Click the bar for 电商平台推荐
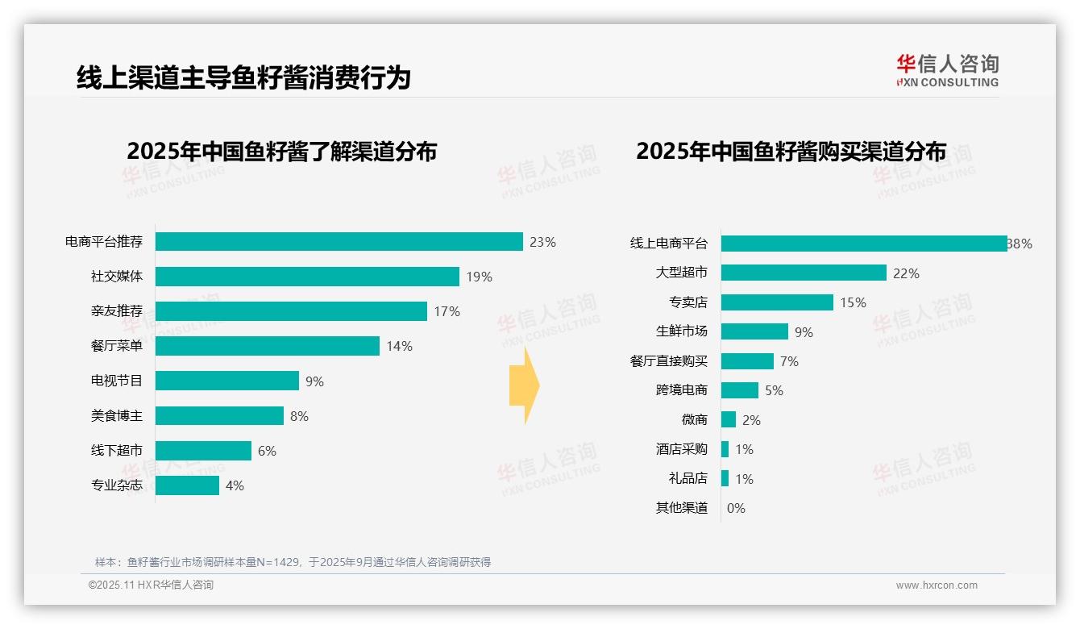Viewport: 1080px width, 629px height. point(339,242)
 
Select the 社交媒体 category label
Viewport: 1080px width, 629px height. point(117,277)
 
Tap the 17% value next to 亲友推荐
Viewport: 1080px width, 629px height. point(447,311)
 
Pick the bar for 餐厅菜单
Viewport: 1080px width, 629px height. point(267,346)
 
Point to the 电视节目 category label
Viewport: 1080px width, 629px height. point(117,381)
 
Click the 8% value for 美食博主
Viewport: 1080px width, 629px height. point(299,416)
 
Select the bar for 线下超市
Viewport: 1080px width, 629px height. point(203,451)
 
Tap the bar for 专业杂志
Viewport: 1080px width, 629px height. point(187,485)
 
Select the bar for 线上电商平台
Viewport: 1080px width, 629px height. point(863,244)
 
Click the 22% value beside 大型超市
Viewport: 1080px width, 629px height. point(906,273)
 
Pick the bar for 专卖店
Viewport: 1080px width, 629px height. point(777,302)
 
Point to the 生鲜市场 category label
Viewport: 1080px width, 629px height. point(682,331)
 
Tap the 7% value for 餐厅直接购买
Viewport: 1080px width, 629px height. point(789,361)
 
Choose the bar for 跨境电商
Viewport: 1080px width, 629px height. point(739,390)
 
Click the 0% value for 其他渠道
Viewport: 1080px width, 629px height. point(736,508)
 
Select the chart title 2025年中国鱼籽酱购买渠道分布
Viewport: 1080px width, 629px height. point(791,152)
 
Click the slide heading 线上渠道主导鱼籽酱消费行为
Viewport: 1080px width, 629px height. point(243,77)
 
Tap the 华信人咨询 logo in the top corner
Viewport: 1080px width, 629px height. point(947,70)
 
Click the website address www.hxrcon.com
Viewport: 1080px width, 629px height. point(937,585)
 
